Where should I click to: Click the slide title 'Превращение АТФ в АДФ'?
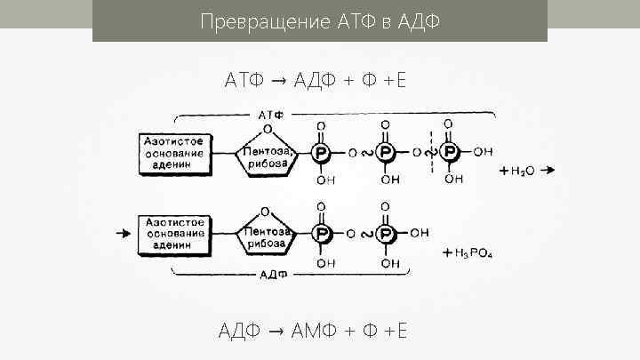(x=319, y=20)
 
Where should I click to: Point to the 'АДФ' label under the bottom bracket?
(x=272, y=276)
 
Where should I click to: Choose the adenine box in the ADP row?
(x=174, y=233)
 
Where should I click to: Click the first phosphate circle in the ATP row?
(x=320, y=154)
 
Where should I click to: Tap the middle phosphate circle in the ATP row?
(x=386, y=154)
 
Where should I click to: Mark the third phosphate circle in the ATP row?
(x=452, y=154)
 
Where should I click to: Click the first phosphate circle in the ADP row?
(x=320, y=234)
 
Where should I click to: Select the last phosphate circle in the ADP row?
(x=386, y=234)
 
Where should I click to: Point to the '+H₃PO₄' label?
(x=468, y=255)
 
